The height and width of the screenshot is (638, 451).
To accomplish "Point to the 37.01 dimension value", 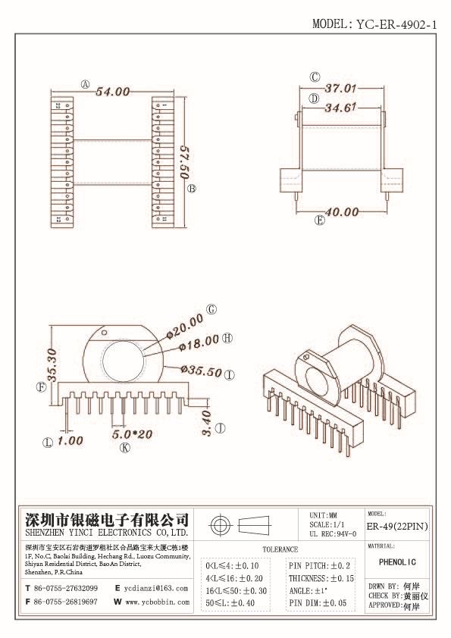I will coord(340,89).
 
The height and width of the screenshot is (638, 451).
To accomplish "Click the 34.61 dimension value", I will coord(340,108).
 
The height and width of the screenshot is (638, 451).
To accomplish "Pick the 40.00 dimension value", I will coord(340,211).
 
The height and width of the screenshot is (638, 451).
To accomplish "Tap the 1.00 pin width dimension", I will coord(70,440).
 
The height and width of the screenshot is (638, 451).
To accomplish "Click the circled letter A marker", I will coord(86,85).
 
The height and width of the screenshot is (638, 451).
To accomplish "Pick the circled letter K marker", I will coord(125,448).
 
